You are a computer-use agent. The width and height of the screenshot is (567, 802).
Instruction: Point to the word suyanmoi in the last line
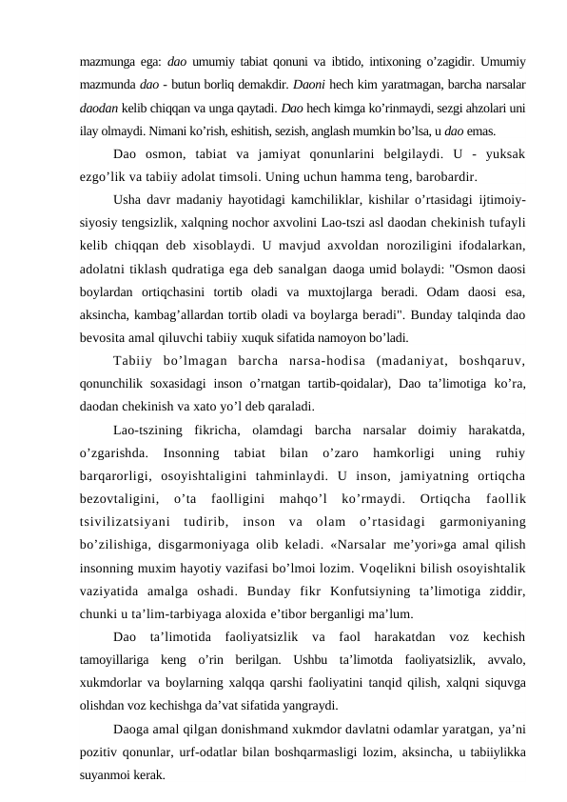[x=107, y=775]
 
